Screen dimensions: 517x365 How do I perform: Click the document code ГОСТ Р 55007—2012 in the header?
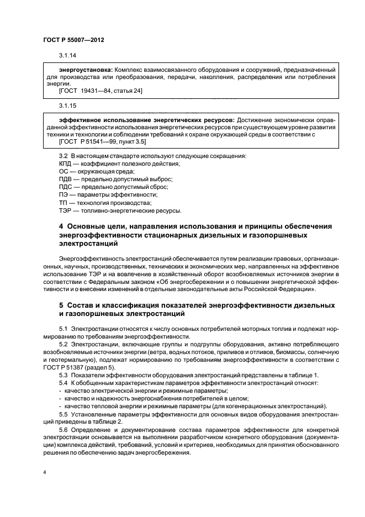(73, 40)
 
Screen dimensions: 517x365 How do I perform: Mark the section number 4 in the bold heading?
(61, 227)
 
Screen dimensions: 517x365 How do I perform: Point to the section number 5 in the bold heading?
(61, 305)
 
